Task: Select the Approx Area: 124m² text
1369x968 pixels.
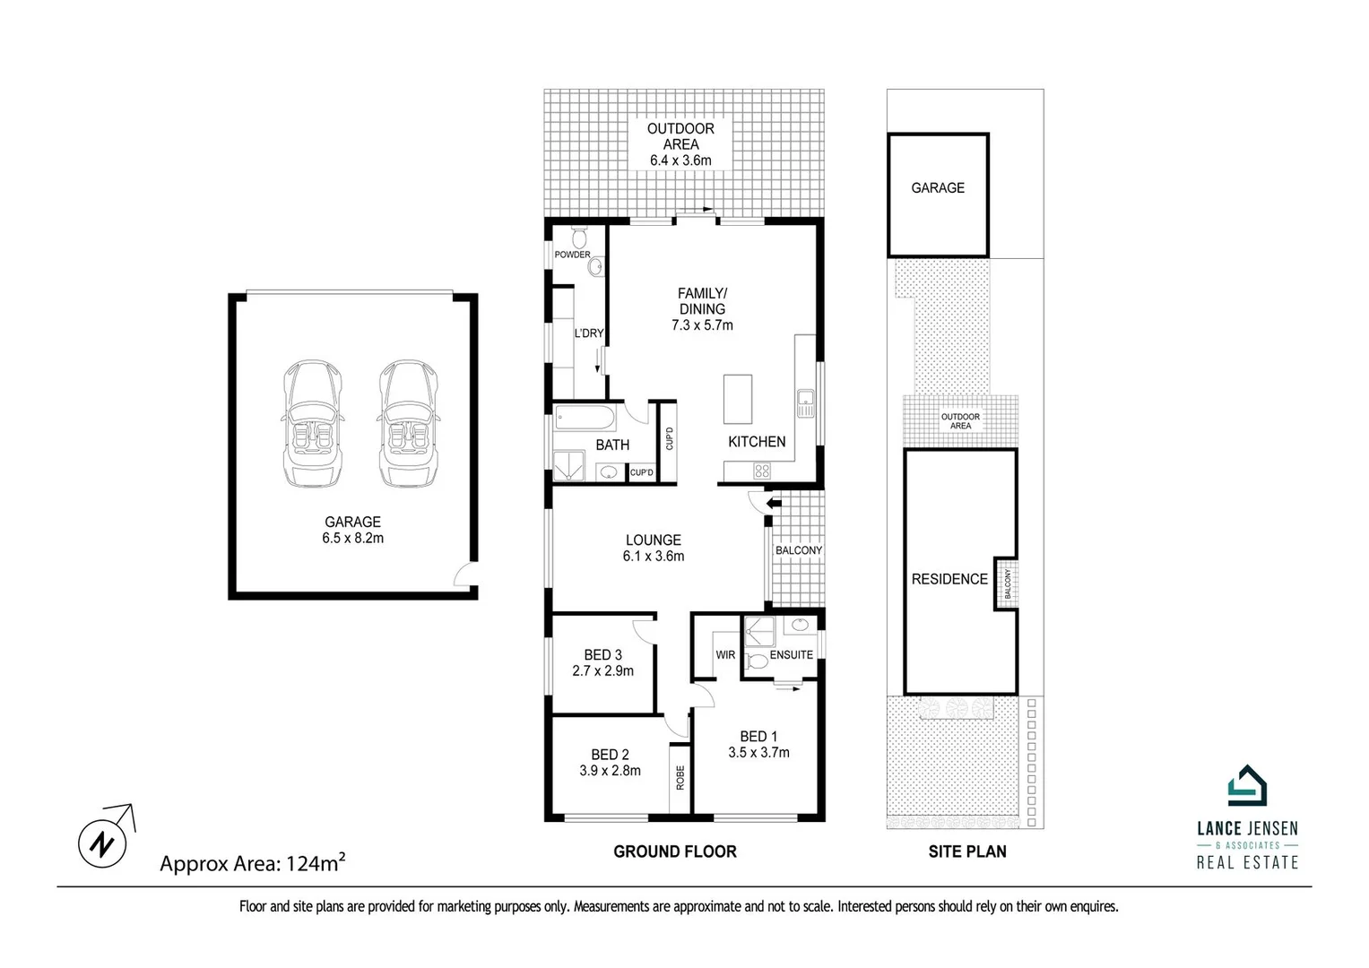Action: [x=252, y=863]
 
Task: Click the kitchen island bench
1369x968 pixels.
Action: [x=739, y=399]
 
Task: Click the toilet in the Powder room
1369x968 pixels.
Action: [x=578, y=238]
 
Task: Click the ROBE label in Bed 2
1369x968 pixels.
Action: [x=680, y=777]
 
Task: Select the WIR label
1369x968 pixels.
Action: [x=725, y=655]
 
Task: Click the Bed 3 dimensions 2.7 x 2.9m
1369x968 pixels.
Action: [x=602, y=670]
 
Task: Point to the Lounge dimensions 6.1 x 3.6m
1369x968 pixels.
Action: [x=653, y=556]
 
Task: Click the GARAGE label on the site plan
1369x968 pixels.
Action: [x=938, y=187]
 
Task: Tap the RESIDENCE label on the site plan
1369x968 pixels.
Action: [x=949, y=579]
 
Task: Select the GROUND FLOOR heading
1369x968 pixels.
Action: [x=674, y=851]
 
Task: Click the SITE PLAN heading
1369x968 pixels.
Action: [x=966, y=851]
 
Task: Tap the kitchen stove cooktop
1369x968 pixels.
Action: [x=761, y=471]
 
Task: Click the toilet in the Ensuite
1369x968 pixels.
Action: [x=757, y=662]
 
